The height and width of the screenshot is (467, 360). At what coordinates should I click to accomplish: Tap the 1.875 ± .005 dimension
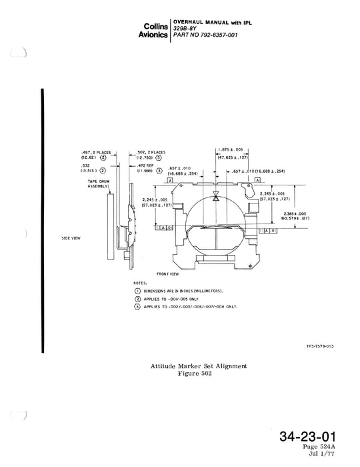click(x=230, y=150)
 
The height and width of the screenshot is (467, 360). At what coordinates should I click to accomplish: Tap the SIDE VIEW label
click(x=71, y=238)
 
